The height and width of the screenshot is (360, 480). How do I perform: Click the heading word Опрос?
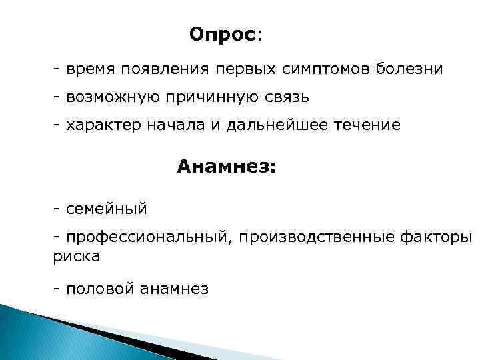tap(223, 34)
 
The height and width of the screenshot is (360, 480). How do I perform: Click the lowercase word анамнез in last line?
tap(175, 289)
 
